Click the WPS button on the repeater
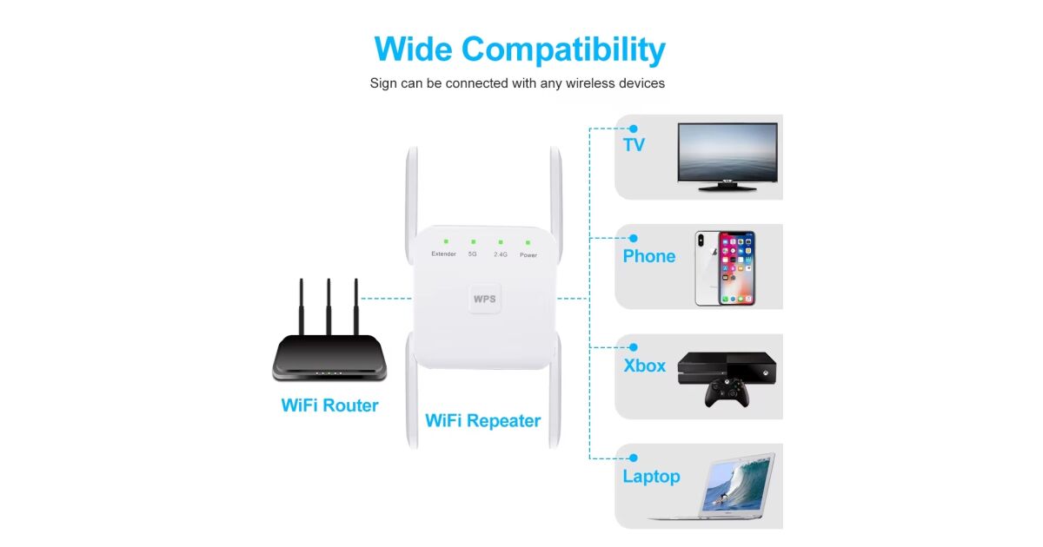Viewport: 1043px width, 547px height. click(x=485, y=299)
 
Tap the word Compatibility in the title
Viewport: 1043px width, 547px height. click(x=563, y=49)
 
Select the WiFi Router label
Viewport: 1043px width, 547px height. click(x=329, y=405)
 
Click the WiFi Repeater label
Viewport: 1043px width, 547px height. click(x=483, y=421)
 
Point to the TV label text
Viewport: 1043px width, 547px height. click(x=634, y=145)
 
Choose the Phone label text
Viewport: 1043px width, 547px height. click(x=649, y=256)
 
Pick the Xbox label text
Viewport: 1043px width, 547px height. click(x=644, y=366)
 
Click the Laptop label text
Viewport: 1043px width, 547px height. click(x=651, y=477)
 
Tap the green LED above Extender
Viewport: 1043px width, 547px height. click(x=446, y=241)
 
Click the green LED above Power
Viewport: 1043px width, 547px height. click(x=528, y=242)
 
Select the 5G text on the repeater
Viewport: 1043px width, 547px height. click(x=473, y=254)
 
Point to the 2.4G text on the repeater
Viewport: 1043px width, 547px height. click(x=501, y=254)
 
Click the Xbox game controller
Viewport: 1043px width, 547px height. click(x=727, y=392)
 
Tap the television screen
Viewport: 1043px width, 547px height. click(x=727, y=152)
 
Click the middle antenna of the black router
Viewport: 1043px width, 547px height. click(x=329, y=307)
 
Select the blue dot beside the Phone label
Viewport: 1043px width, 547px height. click(x=634, y=238)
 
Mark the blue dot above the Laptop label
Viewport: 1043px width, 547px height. click(x=634, y=458)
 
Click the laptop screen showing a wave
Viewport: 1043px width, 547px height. click(x=737, y=484)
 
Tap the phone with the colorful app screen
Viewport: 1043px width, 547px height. click(x=737, y=268)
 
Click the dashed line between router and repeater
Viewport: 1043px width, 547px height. click(x=386, y=299)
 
